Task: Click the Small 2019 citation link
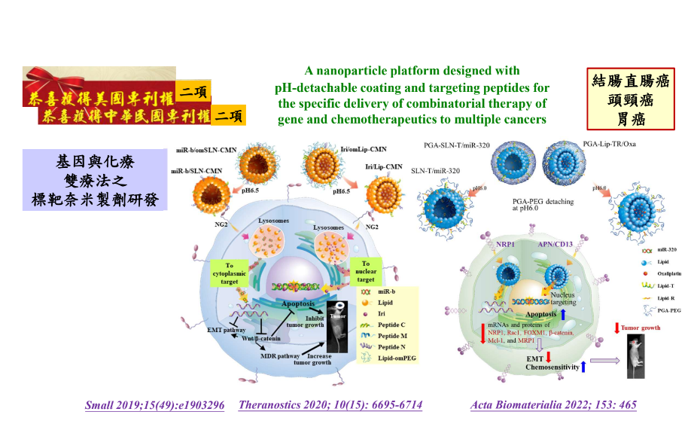(x=154, y=405)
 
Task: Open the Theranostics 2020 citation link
(x=330, y=405)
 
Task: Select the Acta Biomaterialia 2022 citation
(x=553, y=405)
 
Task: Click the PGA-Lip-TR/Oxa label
(x=610, y=144)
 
